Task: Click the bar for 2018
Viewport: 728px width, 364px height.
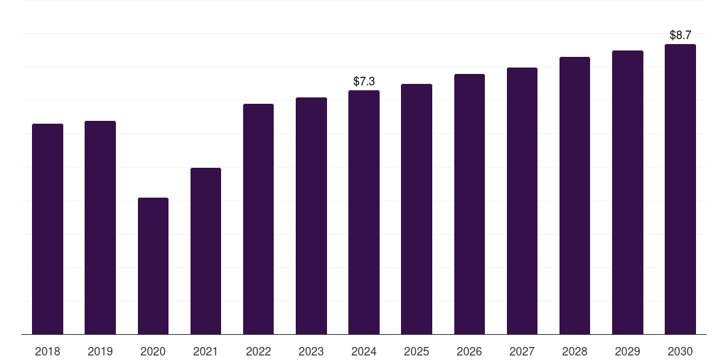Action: pyautogui.click(x=48, y=229)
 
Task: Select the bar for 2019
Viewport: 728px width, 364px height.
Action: pyautogui.click(x=100, y=227)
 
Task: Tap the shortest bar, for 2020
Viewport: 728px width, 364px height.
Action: pyautogui.click(x=153, y=266)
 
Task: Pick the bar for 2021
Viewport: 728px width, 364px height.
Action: pyautogui.click(x=205, y=251)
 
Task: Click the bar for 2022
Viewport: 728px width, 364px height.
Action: pyautogui.click(x=258, y=219)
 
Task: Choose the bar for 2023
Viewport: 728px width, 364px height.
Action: pyautogui.click(x=311, y=216)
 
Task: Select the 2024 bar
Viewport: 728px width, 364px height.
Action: pyautogui.click(x=364, y=213)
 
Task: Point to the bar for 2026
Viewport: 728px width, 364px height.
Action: pyautogui.click(x=469, y=204)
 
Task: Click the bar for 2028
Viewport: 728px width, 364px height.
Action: pyautogui.click(x=574, y=196)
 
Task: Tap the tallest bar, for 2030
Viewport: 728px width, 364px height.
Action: pyautogui.click(x=680, y=189)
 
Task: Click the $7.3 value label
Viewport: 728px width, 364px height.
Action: pyautogui.click(x=364, y=82)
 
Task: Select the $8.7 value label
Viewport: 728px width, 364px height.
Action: pyautogui.click(x=680, y=35)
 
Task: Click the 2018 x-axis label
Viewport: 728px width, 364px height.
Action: pyautogui.click(x=48, y=351)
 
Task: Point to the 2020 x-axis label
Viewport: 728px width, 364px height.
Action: pyautogui.click(x=153, y=351)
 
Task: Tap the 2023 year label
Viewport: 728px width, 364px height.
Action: pyautogui.click(x=311, y=351)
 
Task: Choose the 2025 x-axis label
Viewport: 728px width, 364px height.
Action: pyautogui.click(x=417, y=351)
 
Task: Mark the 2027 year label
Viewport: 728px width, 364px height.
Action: pyautogui.click(x=522, y=351)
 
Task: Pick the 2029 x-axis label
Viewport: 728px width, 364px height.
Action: pyautogui.click(x=627, y=351)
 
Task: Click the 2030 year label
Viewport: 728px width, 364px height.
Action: pyautogui.click(x=680, y=351)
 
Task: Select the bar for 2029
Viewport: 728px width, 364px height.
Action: pyautogui.click(x=627, y=193)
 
